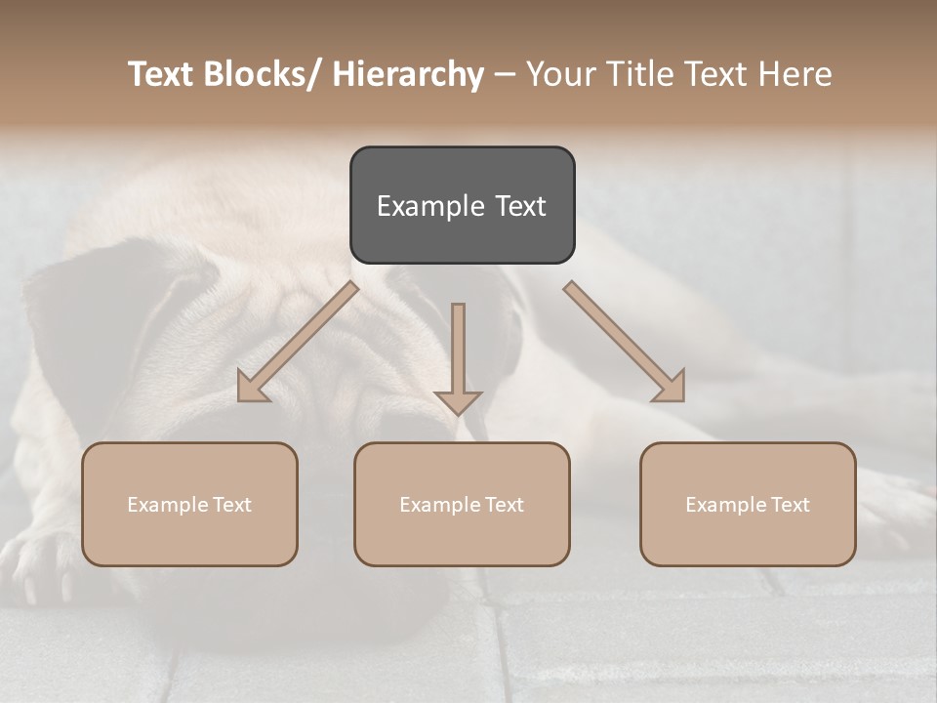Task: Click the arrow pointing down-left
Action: (298, 342)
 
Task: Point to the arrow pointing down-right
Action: (625, 342)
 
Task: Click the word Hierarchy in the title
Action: (408, 75)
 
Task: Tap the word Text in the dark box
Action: (518, 206)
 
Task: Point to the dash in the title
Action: (505, 75)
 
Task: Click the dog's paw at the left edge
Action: (29, 566)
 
